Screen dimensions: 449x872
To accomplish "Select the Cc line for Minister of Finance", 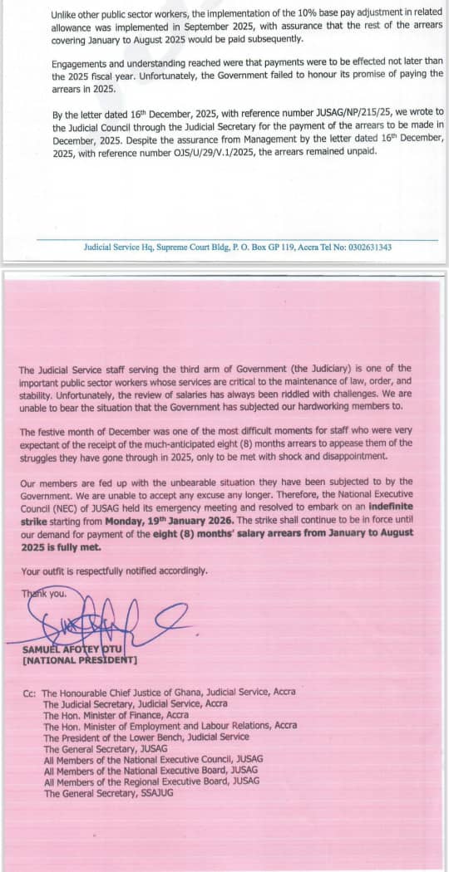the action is pyautogui.click(x=116, y=714).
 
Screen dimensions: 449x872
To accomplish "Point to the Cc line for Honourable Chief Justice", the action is pyautogui.click(x=167, y=692).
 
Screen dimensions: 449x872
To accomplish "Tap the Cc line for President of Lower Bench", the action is pyautogui.click(x=146, y=737).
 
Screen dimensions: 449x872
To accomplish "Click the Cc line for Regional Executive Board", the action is pyautogui.click(x=150, y=781).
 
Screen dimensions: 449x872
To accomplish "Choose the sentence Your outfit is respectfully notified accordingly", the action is pyautogui.click(x=115, y=571).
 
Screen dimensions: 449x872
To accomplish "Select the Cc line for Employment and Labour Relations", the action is pyautogui.click(x=170, y=726).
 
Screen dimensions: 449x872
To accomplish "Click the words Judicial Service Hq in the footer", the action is pyautogui.click(x=119, y=247).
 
